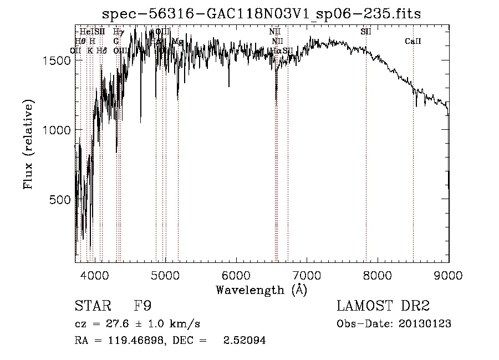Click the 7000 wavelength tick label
pos(307,275)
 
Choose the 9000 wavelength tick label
pos(448,275)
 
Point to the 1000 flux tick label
pos(56,130)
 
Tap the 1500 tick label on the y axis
pos(56,60)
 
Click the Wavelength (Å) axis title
pos(261,290)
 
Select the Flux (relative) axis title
pos(28,144)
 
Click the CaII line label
pos(413,41)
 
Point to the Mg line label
pos(177,42)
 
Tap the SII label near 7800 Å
pos(366,32)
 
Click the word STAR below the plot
pos(92,306)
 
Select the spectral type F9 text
pos(141,306)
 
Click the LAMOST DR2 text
pos(383,306)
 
